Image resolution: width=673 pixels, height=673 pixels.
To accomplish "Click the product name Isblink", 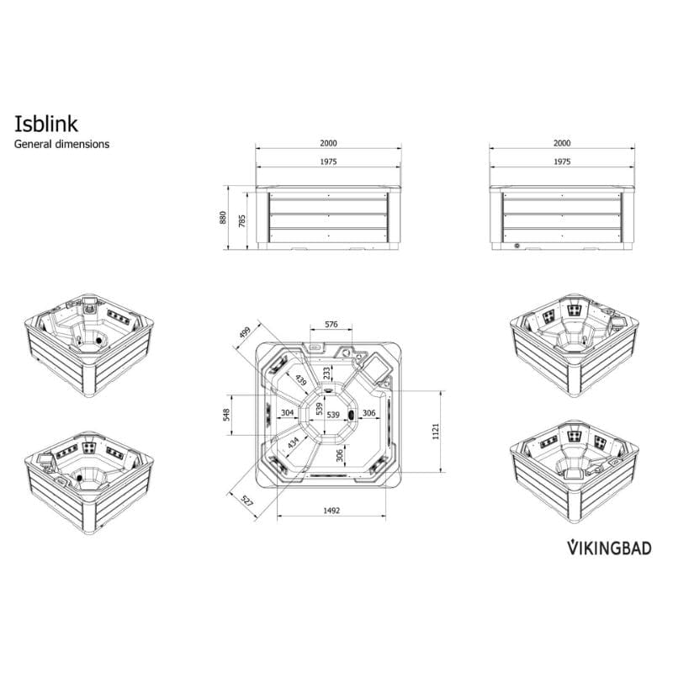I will click(46, 124).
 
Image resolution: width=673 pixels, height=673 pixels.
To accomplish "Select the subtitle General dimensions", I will click(62, 144).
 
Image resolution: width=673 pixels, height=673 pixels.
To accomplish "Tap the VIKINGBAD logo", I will click(607, 548).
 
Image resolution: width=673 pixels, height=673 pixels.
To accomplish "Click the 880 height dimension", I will click(223, 217).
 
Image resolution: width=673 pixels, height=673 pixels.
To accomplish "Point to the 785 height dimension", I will click(241, 220).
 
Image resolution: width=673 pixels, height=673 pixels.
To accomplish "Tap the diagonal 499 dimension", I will click(245, 334).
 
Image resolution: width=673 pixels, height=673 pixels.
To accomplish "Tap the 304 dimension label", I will click(287, 413).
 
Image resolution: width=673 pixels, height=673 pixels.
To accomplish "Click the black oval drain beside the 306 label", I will click(351, 414).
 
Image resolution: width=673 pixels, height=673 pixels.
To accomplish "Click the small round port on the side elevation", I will click(517, 246).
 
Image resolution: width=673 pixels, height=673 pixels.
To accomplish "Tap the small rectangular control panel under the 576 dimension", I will click(316, 346).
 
